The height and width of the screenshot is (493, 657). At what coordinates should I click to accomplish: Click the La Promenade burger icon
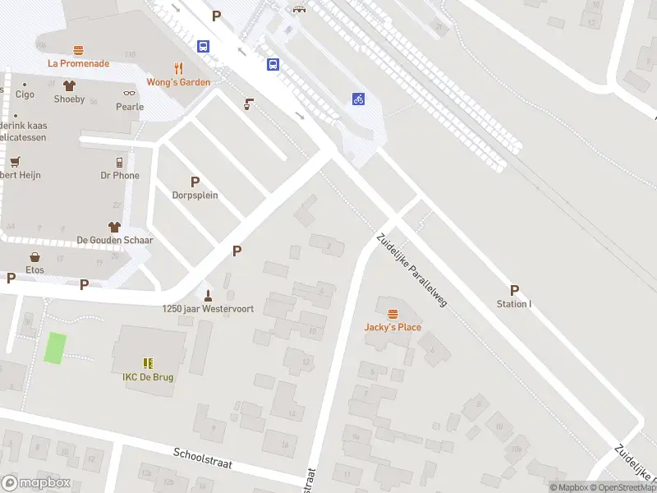pos(78,50)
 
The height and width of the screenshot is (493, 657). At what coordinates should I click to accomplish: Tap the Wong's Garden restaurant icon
pos(178,68)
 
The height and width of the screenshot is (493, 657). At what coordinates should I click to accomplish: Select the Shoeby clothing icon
pos(69,85)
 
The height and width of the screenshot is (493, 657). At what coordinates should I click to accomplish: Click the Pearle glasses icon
pos(129,94)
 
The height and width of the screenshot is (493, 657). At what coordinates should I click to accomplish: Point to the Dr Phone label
pos(120,175)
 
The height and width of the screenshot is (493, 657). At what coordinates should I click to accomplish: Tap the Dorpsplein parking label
pos(195,195)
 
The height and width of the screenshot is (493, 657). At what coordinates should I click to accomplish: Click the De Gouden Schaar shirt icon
pos(114,226)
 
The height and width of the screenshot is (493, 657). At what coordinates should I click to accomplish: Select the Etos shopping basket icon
pos(34,257)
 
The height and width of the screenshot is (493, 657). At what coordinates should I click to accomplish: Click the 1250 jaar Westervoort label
pos(208,309)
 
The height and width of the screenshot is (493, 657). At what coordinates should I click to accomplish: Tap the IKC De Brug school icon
pos(148,362)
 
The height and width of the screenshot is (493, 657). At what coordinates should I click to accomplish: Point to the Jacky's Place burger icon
pos(393,314)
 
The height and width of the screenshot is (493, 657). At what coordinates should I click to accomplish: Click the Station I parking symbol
pos(514,290)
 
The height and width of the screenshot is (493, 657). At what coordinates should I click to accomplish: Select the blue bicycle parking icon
pos(358,99)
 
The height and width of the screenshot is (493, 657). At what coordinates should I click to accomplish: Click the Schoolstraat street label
pos(203,458)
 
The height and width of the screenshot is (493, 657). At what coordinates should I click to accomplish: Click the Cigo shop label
pos(25,94)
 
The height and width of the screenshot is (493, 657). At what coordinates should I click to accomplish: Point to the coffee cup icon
pos(248,104)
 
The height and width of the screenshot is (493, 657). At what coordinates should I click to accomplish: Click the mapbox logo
pos(36,483)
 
